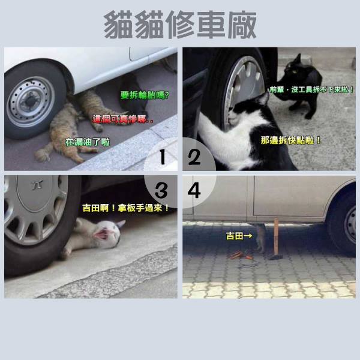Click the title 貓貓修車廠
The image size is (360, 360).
coord(180,25)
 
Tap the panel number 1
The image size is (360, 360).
coord(163,157)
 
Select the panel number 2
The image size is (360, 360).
coord(194,157)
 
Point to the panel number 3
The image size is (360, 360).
coord(161,190)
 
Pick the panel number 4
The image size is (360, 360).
coord(194,190)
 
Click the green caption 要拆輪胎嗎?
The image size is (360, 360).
coord(145,95)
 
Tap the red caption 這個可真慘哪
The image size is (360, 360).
coord(123,119)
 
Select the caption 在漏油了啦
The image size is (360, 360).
coord(88,142)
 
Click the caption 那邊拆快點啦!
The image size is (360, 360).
coord(290,140)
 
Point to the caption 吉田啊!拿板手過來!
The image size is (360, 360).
coord(125,208)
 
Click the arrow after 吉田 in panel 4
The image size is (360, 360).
coord(248,236)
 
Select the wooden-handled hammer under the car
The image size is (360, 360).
coord(276,240)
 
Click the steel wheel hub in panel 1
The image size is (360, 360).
coord(31,101)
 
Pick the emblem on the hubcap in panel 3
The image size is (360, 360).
coord(38,185)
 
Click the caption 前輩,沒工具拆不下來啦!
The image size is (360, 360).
coord(311,89)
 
